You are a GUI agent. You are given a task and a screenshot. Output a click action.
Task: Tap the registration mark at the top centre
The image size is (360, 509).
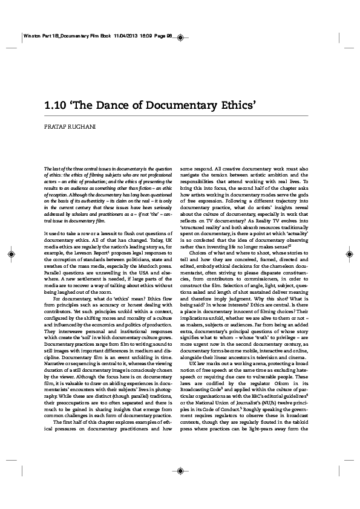180,42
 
